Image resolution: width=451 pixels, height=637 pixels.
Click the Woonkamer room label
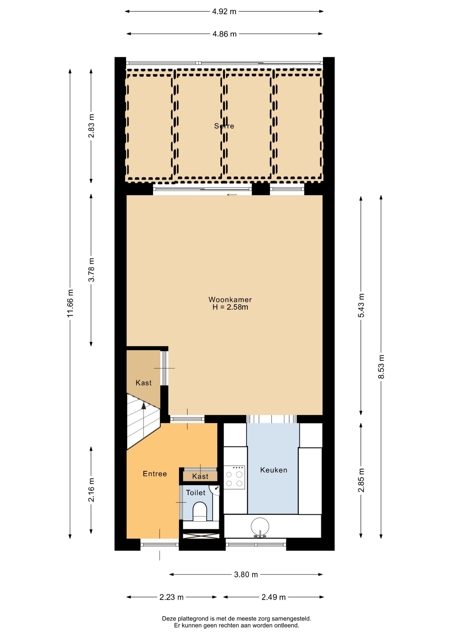(230, 300)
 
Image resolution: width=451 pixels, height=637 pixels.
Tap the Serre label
(224, 126)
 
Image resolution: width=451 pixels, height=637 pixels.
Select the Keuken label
(274, 470)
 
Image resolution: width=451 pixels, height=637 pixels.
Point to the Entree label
(155, 474)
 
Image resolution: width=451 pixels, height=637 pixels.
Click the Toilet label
(196, 493)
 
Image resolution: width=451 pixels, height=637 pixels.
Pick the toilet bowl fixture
(200, 512)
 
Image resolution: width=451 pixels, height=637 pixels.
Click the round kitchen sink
(260, 527)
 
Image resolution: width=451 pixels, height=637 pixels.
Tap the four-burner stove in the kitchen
(234, 477)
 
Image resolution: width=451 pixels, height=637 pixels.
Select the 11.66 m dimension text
(70, 303)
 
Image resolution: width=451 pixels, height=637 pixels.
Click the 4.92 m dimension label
(224, 12)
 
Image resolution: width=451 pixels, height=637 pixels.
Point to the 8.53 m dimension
(381, 367)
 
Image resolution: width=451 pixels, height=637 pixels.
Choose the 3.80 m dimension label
(246, 575)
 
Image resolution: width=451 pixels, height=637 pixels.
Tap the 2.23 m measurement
(171, 597)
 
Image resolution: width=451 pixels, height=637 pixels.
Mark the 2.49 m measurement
(274, 597)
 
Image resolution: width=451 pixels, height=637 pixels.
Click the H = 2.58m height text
(230, 307)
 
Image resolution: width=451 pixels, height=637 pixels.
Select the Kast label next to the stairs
(143, 383)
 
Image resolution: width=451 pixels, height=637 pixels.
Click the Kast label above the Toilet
(200, 476)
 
